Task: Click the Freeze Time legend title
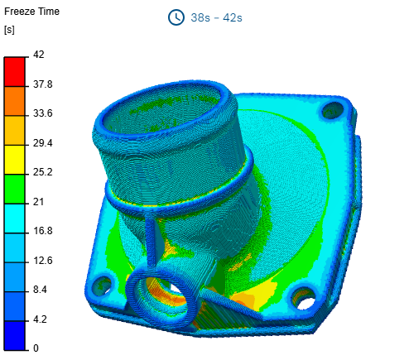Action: pyautogui.click(x=31, y=13)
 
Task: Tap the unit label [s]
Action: pyautogui.click(x=10, y=31)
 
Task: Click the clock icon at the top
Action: pyautogui.click(x=176, y=17)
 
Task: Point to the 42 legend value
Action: pyautogui.click(x=39, y=55)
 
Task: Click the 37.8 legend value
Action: pyautogui.click(x=43, y=84)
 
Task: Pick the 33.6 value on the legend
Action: pyautogui.click(x=43, y=113)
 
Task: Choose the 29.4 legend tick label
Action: pyautogui.click(x=43, y=143)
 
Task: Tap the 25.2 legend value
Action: pyautogui.click(x=43, y=172)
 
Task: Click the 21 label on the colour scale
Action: pyautogui.click(x=39, y=202)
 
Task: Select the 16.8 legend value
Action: pyautogui.click(x=43, y=231)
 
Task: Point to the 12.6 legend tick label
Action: pyautogui.click(x=43, y=261)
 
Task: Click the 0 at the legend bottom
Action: pyautogui.click(x=36, y=348)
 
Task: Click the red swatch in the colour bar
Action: pyautogui.click(x=15, y=70)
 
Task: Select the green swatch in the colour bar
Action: pyautogui.click(x=15, y=187)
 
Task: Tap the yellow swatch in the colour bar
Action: pyautogui.click(x=15, y=157)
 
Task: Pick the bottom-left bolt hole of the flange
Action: pyautogui.click(x=103, y=286)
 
